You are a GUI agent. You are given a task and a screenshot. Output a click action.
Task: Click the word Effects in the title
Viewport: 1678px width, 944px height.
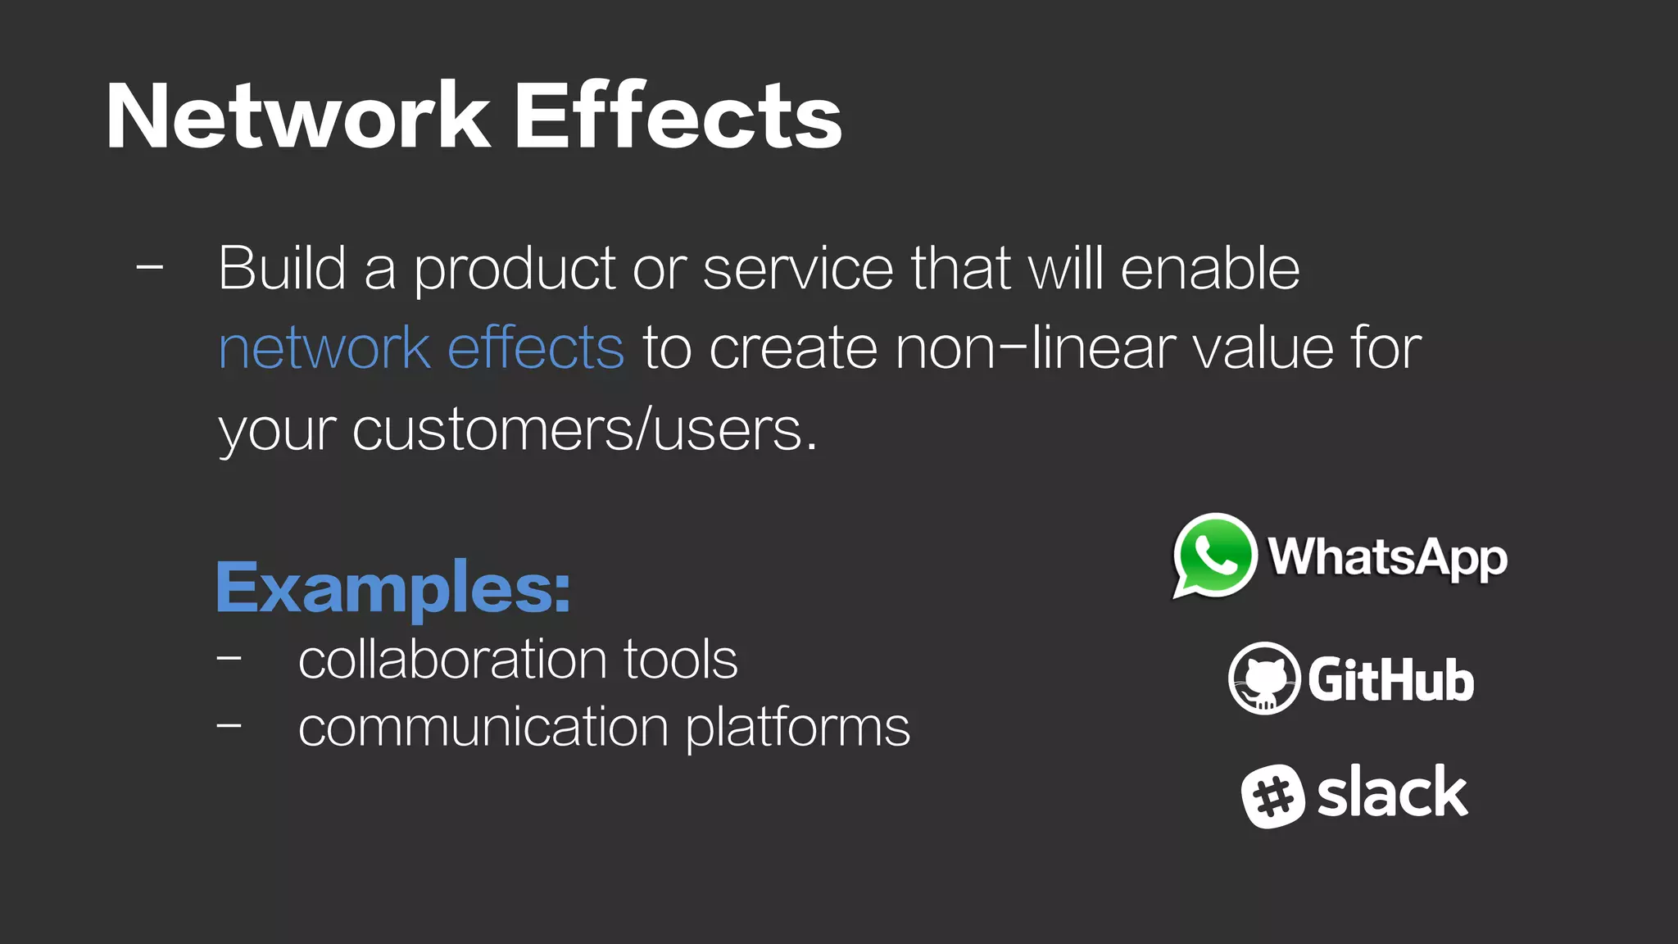(678, 116)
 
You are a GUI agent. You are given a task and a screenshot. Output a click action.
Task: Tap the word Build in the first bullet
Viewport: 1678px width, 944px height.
(283, 268)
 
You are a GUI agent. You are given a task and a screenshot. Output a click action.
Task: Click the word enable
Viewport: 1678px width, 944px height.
(1210, 268)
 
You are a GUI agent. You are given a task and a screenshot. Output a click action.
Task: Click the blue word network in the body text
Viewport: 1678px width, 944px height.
(324, 347)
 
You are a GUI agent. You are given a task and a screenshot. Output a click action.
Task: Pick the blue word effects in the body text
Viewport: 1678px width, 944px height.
(536, 347)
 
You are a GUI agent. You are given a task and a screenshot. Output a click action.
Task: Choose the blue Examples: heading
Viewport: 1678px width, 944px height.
(393, 589)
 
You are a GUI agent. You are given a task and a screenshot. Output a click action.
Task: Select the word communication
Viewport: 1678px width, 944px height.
(483, 727)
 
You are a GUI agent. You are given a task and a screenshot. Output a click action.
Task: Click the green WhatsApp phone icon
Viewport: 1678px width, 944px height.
(1214, 556)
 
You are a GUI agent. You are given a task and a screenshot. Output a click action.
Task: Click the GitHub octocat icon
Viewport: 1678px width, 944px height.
(1264, 678)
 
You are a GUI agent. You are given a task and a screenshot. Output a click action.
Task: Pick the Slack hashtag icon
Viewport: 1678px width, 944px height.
(1272, 796)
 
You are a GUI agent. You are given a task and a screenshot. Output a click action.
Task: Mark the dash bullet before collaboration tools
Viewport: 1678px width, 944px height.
(229, 657)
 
